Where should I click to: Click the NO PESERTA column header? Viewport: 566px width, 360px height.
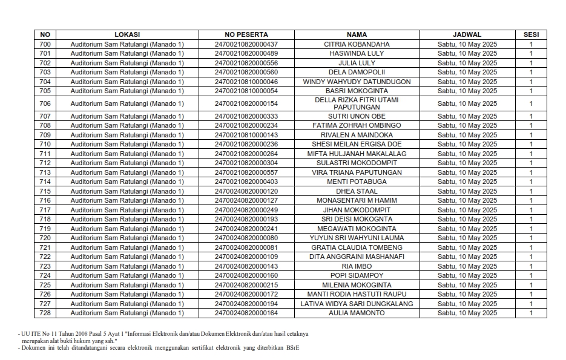point(246,34)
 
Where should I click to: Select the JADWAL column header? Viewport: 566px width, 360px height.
point(467,34)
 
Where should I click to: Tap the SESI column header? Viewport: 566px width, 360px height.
point(530,34)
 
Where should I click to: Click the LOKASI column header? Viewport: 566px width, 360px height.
point(127,34)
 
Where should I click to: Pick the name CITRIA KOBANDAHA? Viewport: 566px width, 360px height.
point(357,44)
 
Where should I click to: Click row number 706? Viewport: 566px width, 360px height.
point(45,103)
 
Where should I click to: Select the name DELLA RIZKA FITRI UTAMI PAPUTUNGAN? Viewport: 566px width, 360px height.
point(357,103)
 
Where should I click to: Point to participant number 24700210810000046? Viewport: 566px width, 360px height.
point(246,82)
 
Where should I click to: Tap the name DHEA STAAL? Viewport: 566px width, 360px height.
point(357,191)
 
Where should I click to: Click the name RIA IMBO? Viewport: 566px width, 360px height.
point(357,266)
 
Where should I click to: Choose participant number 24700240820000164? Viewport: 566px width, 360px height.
point(246,313)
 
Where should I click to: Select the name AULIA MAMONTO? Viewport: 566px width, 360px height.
point(357,313)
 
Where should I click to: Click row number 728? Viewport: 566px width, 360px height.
point(45,313)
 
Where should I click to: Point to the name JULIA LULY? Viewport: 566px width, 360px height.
point(357,63)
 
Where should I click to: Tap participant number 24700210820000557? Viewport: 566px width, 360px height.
point(246,172)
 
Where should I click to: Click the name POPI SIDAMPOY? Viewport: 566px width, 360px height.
point(357,276)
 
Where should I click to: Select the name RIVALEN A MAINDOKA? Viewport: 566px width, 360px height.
point(357,135)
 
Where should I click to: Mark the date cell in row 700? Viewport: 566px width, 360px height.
point(467,44)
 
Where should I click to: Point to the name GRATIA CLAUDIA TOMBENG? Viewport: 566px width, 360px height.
point(357,247)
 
